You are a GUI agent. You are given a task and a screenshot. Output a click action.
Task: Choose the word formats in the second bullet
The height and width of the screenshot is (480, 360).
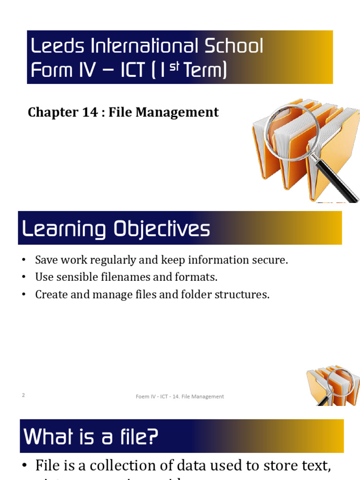[x=199, y=277]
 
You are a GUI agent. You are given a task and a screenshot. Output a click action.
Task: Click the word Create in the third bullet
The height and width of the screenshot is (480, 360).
[x=50, y=294]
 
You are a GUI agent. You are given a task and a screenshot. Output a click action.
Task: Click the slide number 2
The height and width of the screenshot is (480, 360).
[x=23, y=395]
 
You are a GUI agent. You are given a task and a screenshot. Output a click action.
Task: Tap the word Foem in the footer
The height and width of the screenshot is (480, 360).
[x=142, y=397]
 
